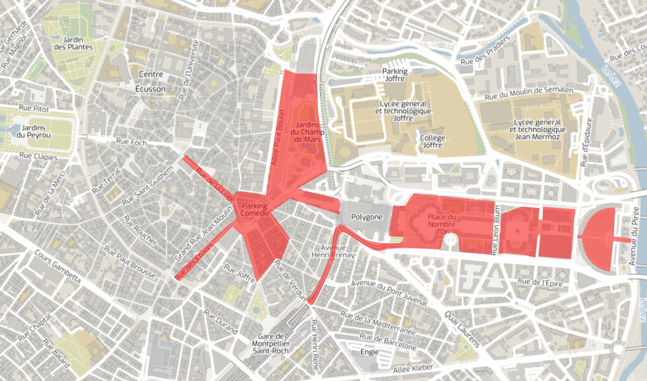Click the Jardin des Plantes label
coord(73,43)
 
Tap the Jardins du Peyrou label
coord(33,131)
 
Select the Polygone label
coord(367,217)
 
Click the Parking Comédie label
coord(255,210)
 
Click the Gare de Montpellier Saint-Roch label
coord(271,344)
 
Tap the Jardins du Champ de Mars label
coord(307,132)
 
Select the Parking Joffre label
coord(395,75)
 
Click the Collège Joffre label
coord(433,141)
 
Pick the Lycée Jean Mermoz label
coord(537,129)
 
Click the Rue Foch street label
coord(131,142)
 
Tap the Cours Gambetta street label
coord(58,266)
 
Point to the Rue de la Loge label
coord(215,185)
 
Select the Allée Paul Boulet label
coord(278,138)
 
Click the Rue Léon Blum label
coord(496,229)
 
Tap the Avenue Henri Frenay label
coord(333,251)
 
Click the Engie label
coord(369,352)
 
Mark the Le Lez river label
coord(611,76)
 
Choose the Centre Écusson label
coord(151,81)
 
